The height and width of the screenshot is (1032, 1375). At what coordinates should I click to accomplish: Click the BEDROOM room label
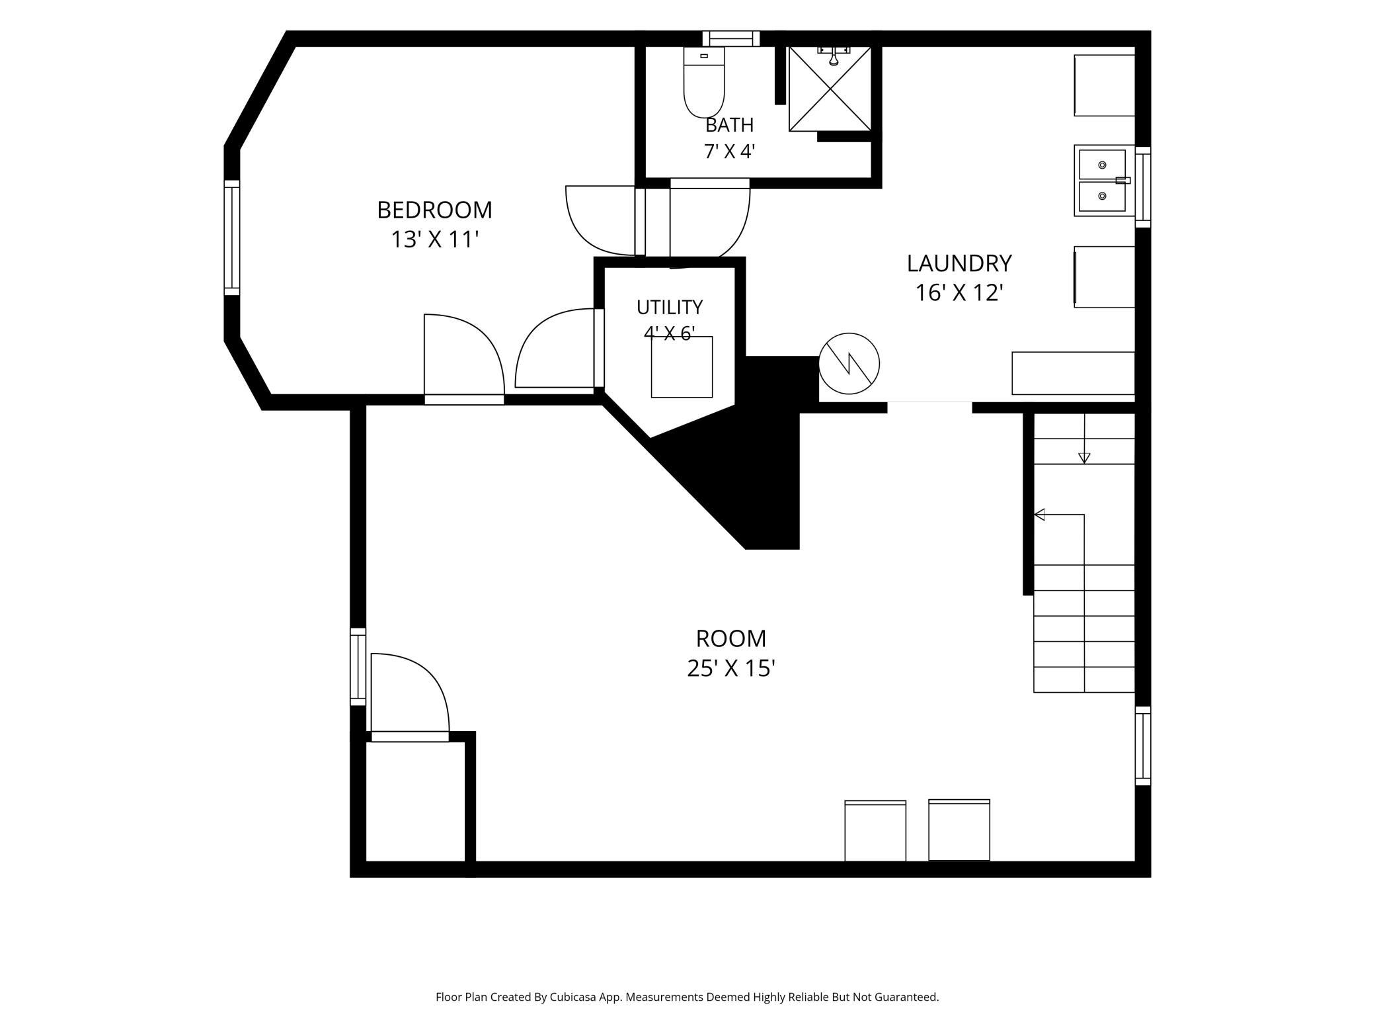434,210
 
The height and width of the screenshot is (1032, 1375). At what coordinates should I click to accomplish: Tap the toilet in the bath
704,83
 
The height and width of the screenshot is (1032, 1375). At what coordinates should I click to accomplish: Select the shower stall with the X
830,89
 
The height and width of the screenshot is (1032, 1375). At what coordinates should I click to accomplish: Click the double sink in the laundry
1103,181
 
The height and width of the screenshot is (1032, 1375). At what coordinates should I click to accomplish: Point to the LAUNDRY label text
959,263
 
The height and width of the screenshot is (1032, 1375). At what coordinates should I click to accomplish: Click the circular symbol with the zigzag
849,364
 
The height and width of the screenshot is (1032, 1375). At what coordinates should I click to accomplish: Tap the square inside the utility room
682,367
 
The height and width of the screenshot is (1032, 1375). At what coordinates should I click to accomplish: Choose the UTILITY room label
670,307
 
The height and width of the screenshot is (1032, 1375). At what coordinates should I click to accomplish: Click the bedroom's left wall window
232,237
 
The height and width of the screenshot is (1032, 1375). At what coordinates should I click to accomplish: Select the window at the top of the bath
730,38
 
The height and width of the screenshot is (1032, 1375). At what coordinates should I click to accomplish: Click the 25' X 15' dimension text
730,669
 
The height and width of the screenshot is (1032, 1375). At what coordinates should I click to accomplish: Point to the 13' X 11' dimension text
434,239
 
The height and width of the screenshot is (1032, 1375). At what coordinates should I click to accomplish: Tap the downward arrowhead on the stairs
1084,458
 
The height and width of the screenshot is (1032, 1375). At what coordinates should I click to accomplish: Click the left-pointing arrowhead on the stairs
1039,514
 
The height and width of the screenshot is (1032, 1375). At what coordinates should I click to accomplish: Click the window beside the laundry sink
1143,187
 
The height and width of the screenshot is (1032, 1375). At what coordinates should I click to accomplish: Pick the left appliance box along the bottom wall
875,831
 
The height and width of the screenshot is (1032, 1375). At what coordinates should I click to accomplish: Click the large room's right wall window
1143,746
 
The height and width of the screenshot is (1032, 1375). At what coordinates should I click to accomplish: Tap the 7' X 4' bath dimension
729,151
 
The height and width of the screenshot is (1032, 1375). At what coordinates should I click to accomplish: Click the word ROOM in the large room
731,638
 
